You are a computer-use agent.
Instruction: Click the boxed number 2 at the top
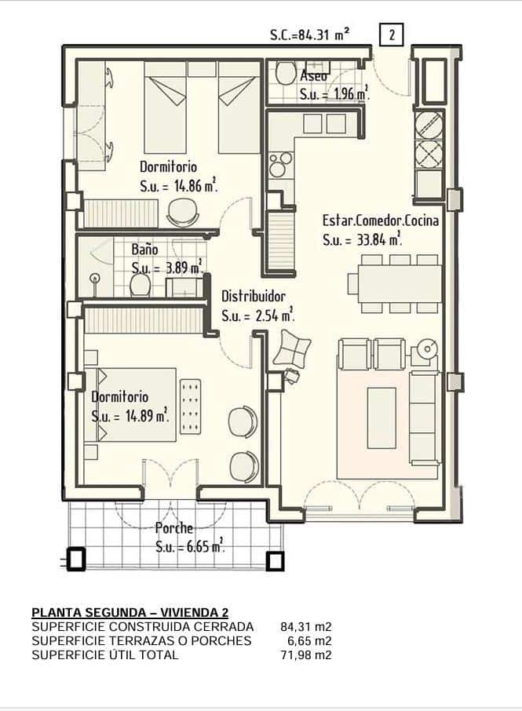coord(390,34)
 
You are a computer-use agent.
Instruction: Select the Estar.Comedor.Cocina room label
coord(381,221)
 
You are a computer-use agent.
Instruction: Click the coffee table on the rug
coord(381,417)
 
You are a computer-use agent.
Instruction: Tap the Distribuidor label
coord(253,297)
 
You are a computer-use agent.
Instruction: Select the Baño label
coord(144,250)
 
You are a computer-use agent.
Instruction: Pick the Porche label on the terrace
coord(174,528)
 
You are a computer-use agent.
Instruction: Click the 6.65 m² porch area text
coord(206,546)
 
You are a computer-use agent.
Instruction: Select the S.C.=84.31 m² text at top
coord(310,35)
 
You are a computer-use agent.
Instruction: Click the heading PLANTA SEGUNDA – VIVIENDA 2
coord(130,613)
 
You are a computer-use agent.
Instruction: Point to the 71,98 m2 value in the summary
coord(306,654)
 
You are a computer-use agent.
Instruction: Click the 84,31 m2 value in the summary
coord(306,627)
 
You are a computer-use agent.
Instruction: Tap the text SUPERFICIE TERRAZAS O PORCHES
coord(141,640)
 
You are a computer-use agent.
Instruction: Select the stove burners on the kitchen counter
coord(280,165)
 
